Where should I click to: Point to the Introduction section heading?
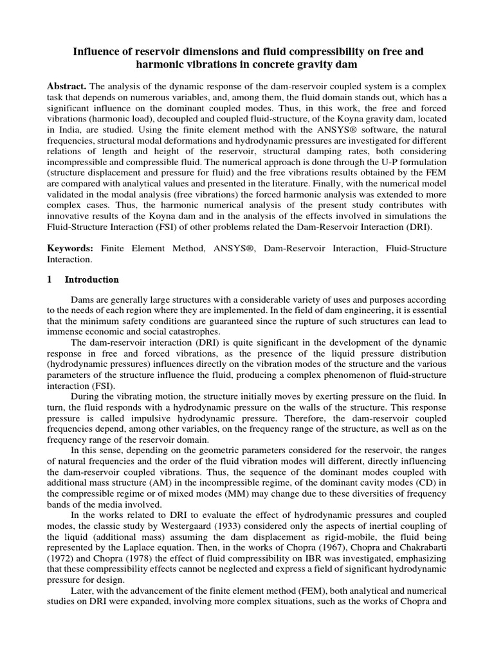point(95,280)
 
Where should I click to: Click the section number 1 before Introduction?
point(51,280)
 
